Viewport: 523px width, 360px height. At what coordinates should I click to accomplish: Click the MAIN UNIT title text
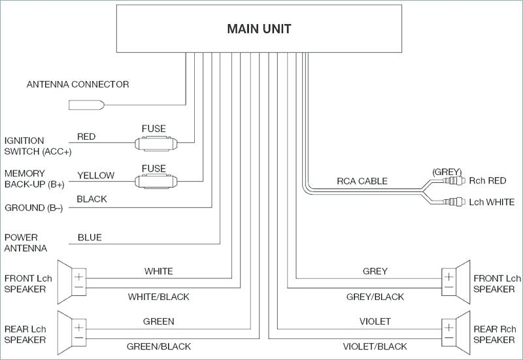pos(259,29)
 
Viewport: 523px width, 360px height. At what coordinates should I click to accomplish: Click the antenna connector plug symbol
pos(86,105)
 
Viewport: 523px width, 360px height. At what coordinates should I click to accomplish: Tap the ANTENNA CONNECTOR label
pos(78,84)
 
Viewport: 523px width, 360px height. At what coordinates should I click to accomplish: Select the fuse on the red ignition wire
pos(156,143)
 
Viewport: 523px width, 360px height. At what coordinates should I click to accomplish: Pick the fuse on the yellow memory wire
pos(156,182)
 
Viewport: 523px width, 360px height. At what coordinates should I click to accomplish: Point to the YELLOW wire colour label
pos(95,175)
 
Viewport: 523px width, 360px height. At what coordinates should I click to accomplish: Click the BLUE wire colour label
pos(90,237)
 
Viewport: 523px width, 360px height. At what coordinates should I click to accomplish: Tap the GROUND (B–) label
pos(33,208)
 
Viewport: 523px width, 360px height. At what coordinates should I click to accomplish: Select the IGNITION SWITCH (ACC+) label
pos(38,146)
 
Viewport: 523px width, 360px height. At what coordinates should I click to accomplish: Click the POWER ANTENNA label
pos(25,242)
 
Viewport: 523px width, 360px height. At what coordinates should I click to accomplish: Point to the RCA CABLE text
pos(362,181)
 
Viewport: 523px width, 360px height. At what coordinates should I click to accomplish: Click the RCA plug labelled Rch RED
pos(454,181)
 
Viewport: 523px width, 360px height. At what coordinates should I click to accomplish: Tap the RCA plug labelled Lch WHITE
pos(454,202)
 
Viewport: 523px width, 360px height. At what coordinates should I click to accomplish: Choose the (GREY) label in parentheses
pos(447,172)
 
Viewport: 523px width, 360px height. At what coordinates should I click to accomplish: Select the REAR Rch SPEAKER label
pos(494,335)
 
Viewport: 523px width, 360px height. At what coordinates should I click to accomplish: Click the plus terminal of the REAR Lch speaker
pos(78,327)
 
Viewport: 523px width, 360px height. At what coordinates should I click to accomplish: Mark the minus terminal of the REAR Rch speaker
pos(449,338)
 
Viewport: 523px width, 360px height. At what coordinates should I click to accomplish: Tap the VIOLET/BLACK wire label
pos(375,347)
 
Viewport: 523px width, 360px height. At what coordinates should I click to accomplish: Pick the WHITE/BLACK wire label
pos(158,297)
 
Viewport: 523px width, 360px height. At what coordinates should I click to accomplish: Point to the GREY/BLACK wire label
pos(375,297)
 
